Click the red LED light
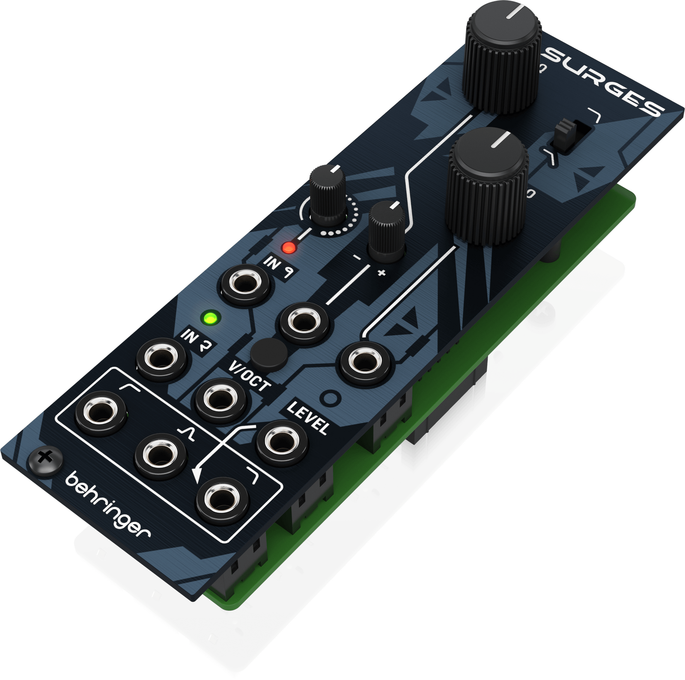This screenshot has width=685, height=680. pyautogui.click(x=289, y=247)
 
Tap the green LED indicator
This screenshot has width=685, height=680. pyautogui.click(x=210, y=318)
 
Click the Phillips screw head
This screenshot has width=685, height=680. pyautogui.click(x=45, y=460)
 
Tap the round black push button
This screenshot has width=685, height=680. pyautogui.click(x=269, y=353)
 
